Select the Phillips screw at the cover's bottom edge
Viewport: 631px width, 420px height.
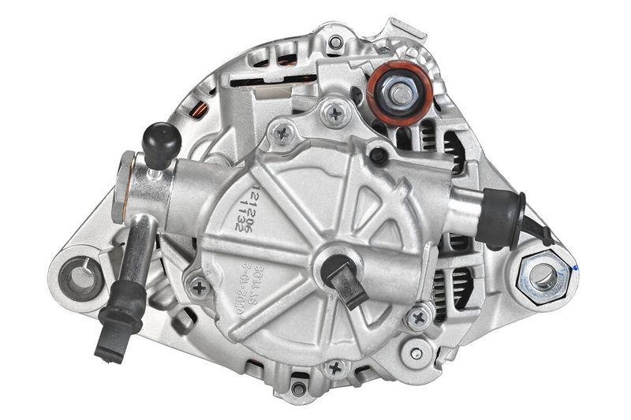click(x=336, y=368)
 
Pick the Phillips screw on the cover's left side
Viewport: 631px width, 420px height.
click(x=200, y=287)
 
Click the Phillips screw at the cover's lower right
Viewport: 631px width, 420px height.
click(x=418, y=318)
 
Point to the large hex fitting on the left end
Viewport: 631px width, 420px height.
click(x=125, y=186)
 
